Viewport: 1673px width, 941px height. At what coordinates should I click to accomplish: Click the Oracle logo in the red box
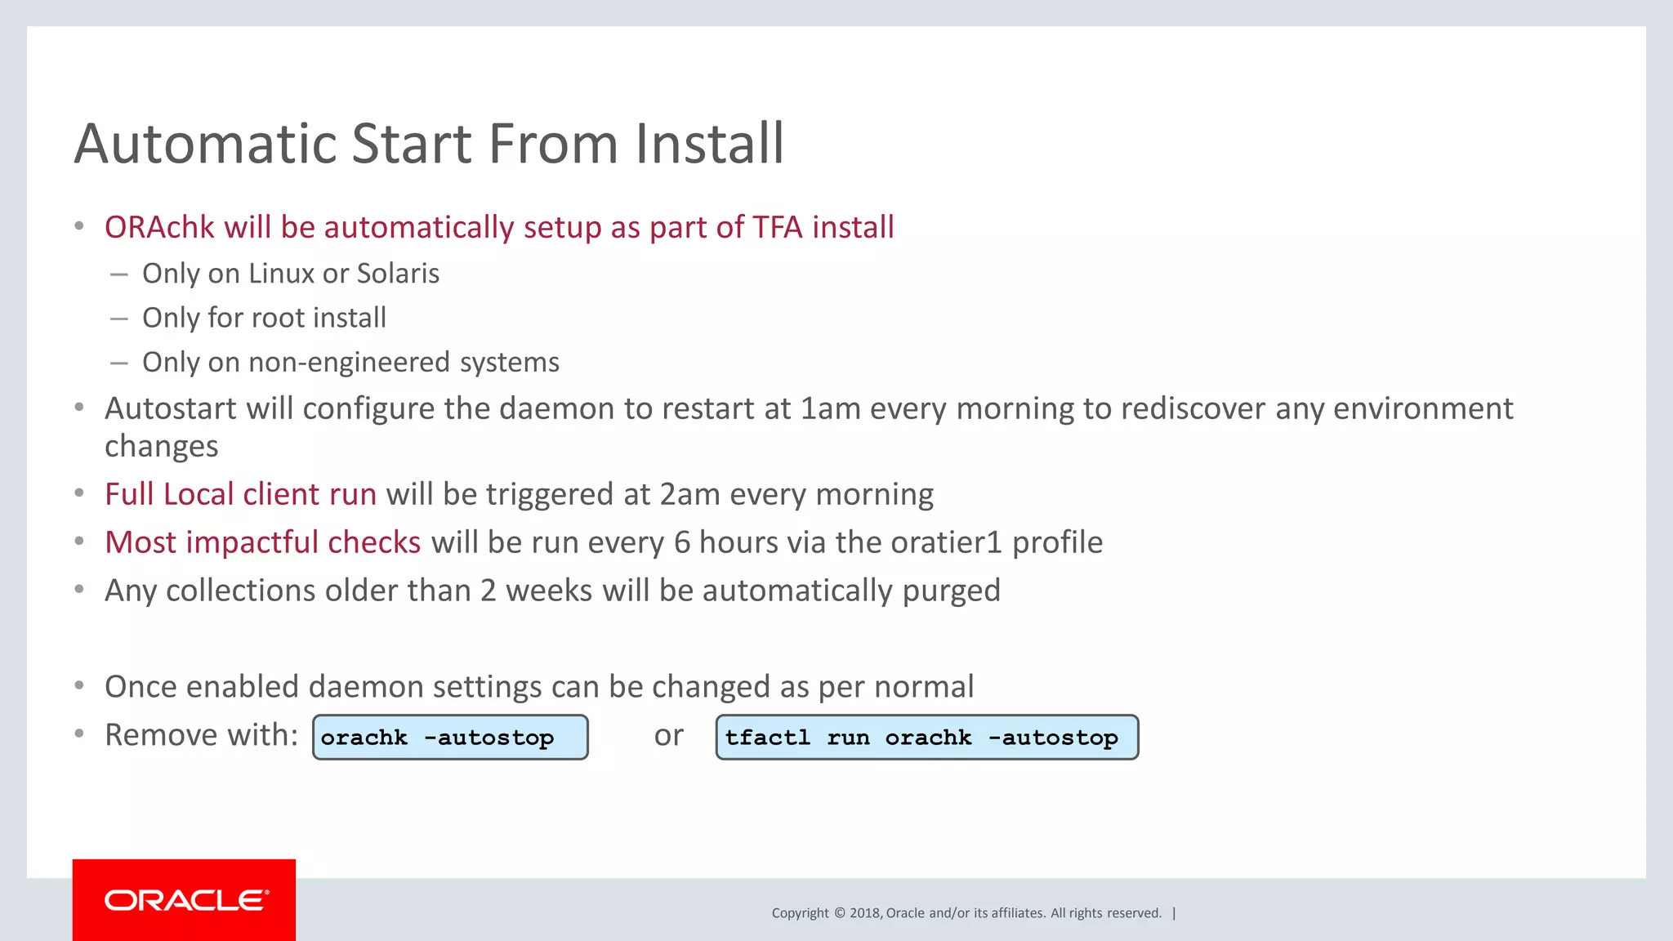(x=185, y=900)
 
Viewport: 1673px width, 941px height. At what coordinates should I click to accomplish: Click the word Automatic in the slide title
(x=204, y=144)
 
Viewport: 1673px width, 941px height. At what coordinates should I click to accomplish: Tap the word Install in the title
(x=710, y=144)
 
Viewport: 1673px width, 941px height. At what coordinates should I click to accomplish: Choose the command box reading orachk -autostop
(x=450, y=738)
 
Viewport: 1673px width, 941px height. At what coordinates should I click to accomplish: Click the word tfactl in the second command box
(x=767, y=738)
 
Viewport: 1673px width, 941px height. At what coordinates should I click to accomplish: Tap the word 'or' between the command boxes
(x=668, y=735)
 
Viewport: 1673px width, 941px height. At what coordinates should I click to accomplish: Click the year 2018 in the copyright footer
(x=864, y=913)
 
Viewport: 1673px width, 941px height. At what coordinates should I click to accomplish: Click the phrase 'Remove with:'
(x=202, y=735)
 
